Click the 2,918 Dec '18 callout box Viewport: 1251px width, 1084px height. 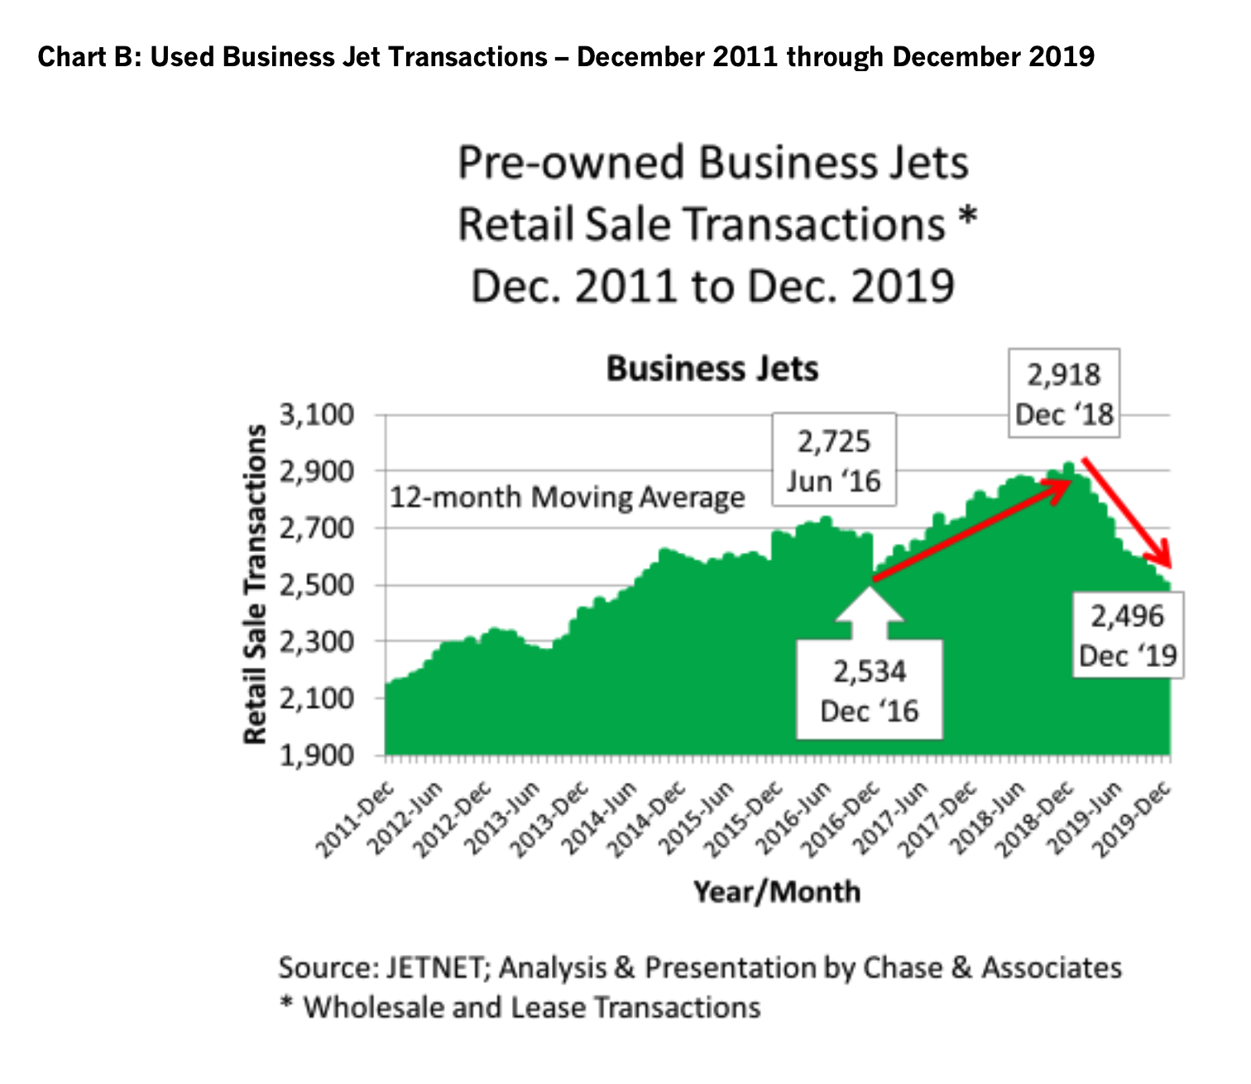(1064, 394)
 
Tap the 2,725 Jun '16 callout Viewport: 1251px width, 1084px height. (833, 461)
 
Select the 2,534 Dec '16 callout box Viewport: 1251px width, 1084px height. (869, 691)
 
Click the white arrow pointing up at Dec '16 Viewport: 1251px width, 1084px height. (869, 612)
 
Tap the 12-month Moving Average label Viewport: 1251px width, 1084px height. (567, 498)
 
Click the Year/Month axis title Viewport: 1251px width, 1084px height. (777, 892)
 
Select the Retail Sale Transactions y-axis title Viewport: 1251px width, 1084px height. (256, 584)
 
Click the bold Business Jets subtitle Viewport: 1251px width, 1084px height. (712, 369)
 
